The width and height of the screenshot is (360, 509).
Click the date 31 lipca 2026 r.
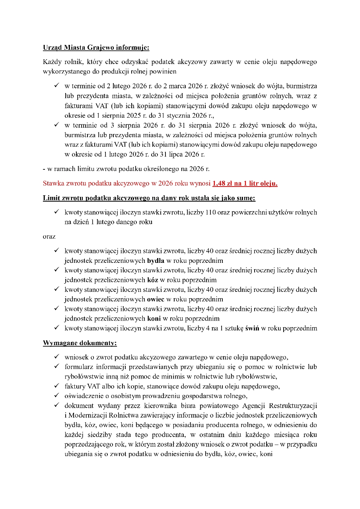183,154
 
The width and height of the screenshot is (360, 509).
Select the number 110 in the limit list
211,212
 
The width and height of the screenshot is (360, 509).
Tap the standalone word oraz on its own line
49,237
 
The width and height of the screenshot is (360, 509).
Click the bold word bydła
156,261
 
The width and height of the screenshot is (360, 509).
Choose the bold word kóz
153,280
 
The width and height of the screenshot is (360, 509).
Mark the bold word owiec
156,299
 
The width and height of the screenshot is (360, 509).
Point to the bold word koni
154,319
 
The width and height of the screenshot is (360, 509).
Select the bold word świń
253,328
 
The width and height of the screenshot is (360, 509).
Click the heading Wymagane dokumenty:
80,343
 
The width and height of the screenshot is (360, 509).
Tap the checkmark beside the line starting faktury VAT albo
57,386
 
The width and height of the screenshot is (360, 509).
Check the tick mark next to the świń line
57,328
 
